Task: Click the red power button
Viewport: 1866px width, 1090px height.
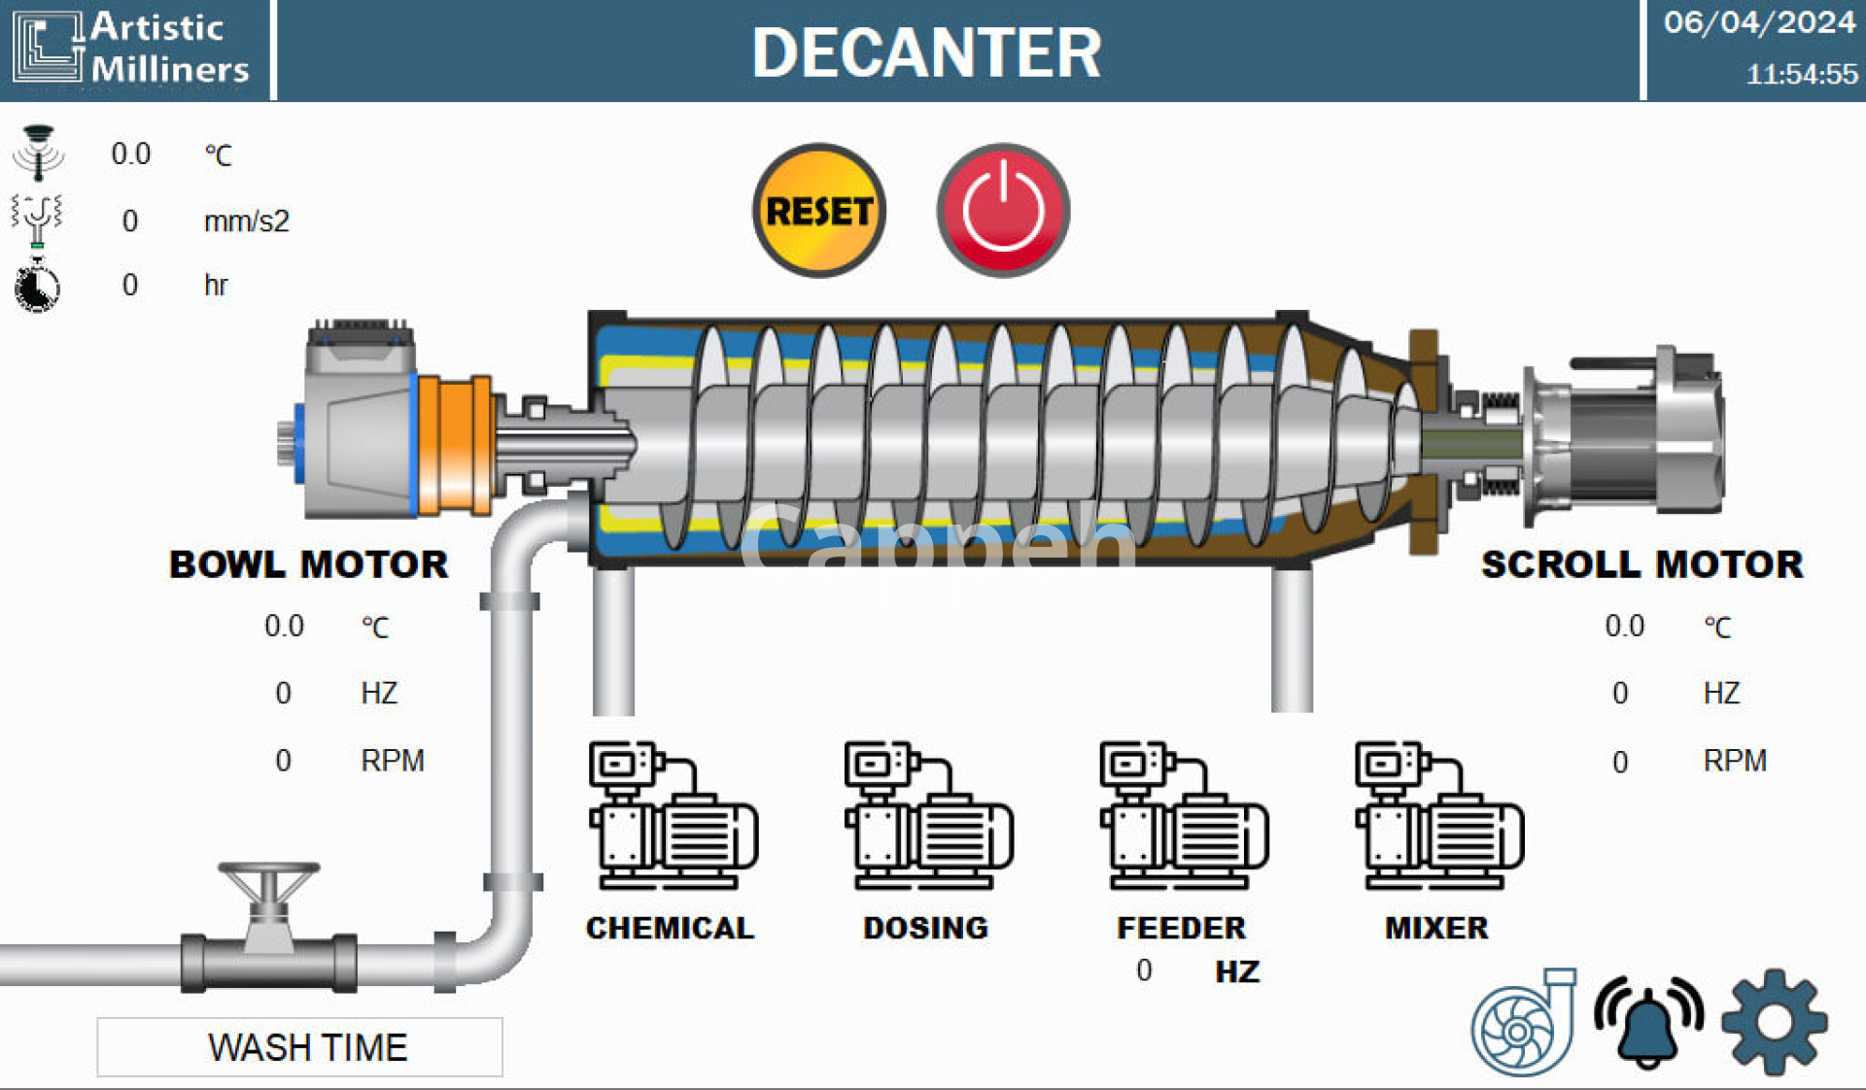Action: (x=1003, y=211)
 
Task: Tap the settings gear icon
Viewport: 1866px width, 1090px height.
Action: (x=1775, y=1022)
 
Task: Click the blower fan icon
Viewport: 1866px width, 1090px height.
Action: (x=1522, y=1023)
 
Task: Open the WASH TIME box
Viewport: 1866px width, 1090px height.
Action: (x=299, y=1047)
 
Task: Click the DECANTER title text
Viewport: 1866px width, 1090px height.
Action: (x=926, y=52)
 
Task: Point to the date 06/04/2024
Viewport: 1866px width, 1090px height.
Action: (x=1759, y=22)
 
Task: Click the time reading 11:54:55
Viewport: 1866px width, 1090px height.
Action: (x=1801, y=74)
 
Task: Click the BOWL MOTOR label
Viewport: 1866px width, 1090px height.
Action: (x=308, y=564)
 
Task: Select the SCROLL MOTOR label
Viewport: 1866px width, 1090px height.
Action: (x=1641, y=564)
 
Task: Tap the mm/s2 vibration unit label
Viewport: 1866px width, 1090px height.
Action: (x=246, y=221)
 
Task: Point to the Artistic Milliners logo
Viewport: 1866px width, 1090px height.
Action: (x=131, y=49)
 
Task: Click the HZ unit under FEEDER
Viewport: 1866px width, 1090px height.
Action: (x=1237, y=971)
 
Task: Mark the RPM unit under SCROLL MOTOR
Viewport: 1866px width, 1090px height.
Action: (x=1735, y=761)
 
